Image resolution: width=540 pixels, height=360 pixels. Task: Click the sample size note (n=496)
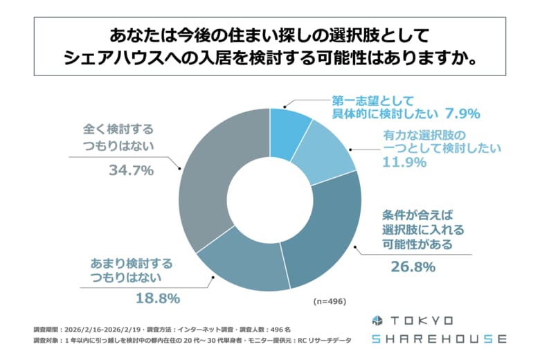click(329, 302)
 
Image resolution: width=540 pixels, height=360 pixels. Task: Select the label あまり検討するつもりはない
click(132, 271)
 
